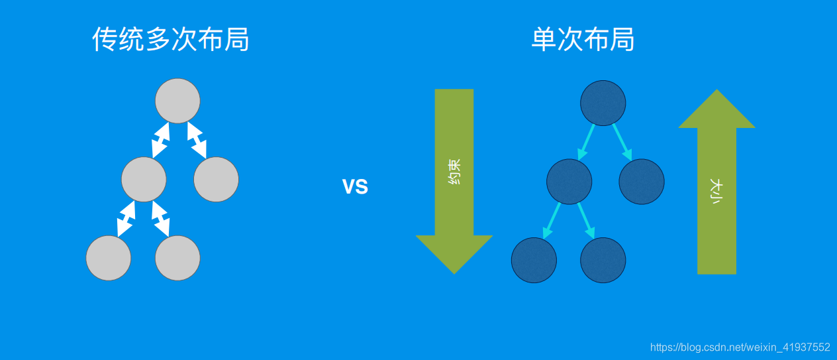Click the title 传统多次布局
tap(171, 40)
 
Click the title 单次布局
tap(583, 40)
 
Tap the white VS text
tap(355, 187)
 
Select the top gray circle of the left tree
tap(177, 101)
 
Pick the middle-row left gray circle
tap(144, 179)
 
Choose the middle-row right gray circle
tap(216, 179)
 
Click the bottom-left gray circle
tap(109, 258)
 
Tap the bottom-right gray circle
tap(177, 258)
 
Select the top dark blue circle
tap(603, 103)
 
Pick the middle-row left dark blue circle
tap(569, 181)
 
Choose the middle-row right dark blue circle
tap(642, 181)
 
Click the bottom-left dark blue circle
tap(534, 260)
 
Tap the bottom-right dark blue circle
tap(603, 260)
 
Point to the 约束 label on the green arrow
tap(454, 171)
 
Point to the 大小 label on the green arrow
tap(716, 190)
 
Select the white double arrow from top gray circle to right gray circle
tap(197, 140)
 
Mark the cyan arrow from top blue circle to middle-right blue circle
tap(621, 141)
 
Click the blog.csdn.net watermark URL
tap(740, 347)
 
